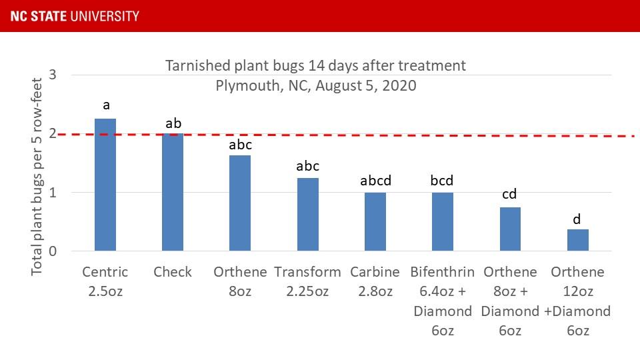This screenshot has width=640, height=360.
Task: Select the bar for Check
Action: (x=173, y=193)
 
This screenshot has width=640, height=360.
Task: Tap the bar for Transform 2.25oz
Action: (x=308, y=215)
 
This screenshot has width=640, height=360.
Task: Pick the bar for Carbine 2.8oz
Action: (x=375, y=222)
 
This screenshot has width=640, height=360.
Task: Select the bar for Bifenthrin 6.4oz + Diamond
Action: (x=443, y=222)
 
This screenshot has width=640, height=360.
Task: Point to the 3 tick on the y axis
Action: (x=53, y=75)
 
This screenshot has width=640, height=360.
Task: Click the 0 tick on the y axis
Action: (x=53, y=251)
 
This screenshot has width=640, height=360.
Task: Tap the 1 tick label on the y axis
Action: (x=53, y=193)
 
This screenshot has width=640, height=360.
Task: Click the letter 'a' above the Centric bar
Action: (x=105, y=105)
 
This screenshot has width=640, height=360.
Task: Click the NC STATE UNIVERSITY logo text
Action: (x=75, y=15)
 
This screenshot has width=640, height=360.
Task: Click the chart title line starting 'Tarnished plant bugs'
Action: (x=315, y=66)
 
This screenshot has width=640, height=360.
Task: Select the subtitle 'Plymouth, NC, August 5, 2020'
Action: (x=315, y=85)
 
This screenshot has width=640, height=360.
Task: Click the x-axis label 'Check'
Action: (x=173, y=272)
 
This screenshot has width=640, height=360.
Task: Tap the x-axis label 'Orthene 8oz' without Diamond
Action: (x=240, y=281)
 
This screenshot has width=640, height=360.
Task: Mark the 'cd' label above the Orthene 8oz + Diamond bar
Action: (x=510, y=195)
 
